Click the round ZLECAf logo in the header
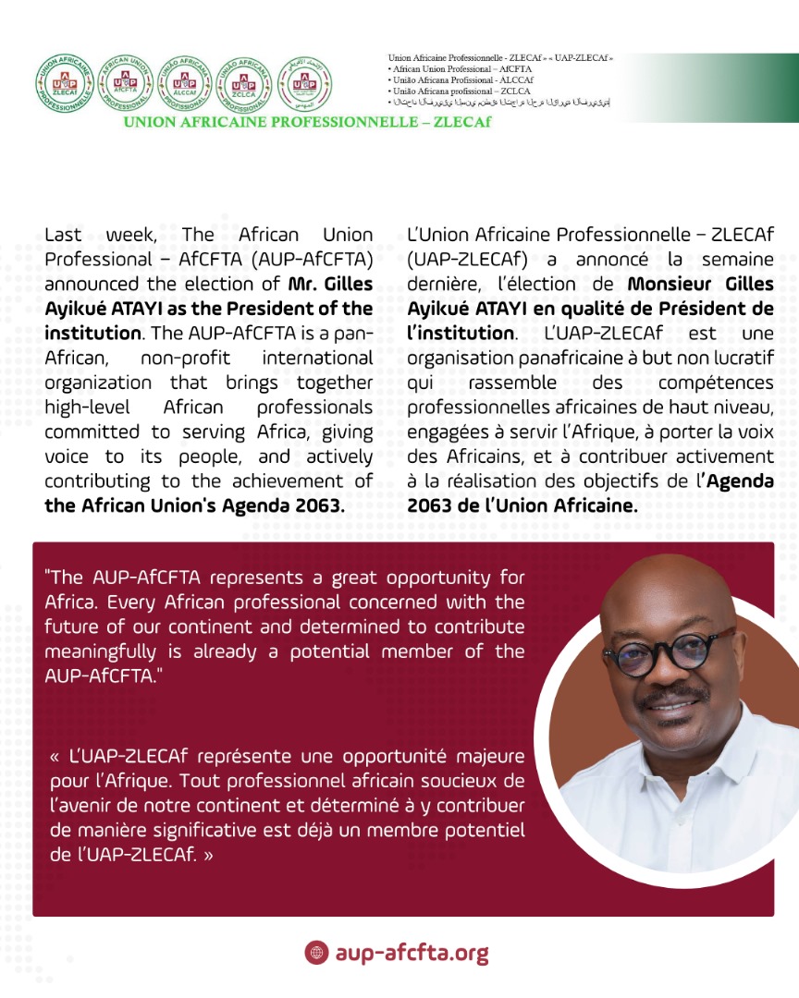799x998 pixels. tap(64, 84)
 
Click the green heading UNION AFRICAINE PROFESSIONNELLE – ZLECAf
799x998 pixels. tap(307, 122)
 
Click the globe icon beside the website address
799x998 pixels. tap(316, 953)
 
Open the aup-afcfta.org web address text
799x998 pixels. tap(412, 953)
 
